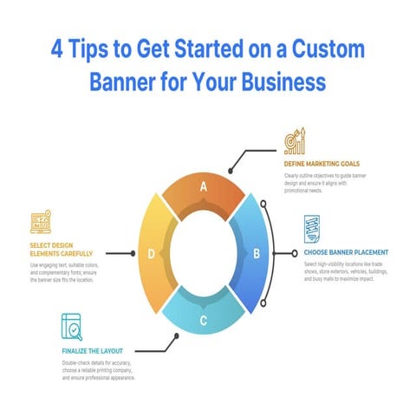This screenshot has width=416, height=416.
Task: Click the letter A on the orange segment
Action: coord(203,186)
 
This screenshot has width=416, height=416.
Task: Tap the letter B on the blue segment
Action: coord(256,253)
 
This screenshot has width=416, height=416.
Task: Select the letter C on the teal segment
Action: coord(203,322)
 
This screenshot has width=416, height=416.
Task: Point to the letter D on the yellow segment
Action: coord(152,254)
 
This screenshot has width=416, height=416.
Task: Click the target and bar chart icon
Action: coord(296,141)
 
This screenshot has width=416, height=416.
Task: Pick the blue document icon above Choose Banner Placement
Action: coord(313,229)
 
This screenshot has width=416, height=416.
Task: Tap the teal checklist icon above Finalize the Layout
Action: coord(73,327)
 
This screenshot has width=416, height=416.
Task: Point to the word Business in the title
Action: coord(276,82)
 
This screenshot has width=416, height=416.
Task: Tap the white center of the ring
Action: coord(204,253)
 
